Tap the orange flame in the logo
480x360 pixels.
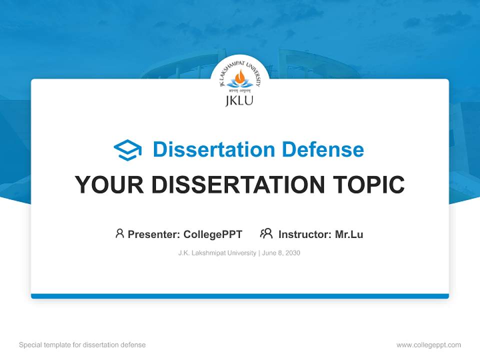point(240,75)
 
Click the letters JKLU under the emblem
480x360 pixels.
point(239,100)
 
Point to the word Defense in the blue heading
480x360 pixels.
point(322,149)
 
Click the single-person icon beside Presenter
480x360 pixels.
point(119,233)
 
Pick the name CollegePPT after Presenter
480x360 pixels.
point(213,234)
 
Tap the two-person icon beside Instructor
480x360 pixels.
point(266,233)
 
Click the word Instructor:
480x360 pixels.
point(305,234)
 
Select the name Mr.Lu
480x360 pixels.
point(349,234)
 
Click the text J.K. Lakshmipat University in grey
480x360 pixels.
point(217,253)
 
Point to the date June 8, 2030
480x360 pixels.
point(281,253)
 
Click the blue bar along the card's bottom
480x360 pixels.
point(239,296)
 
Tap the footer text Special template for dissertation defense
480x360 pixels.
point(82,345)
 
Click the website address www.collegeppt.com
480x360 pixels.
point(428,345)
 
